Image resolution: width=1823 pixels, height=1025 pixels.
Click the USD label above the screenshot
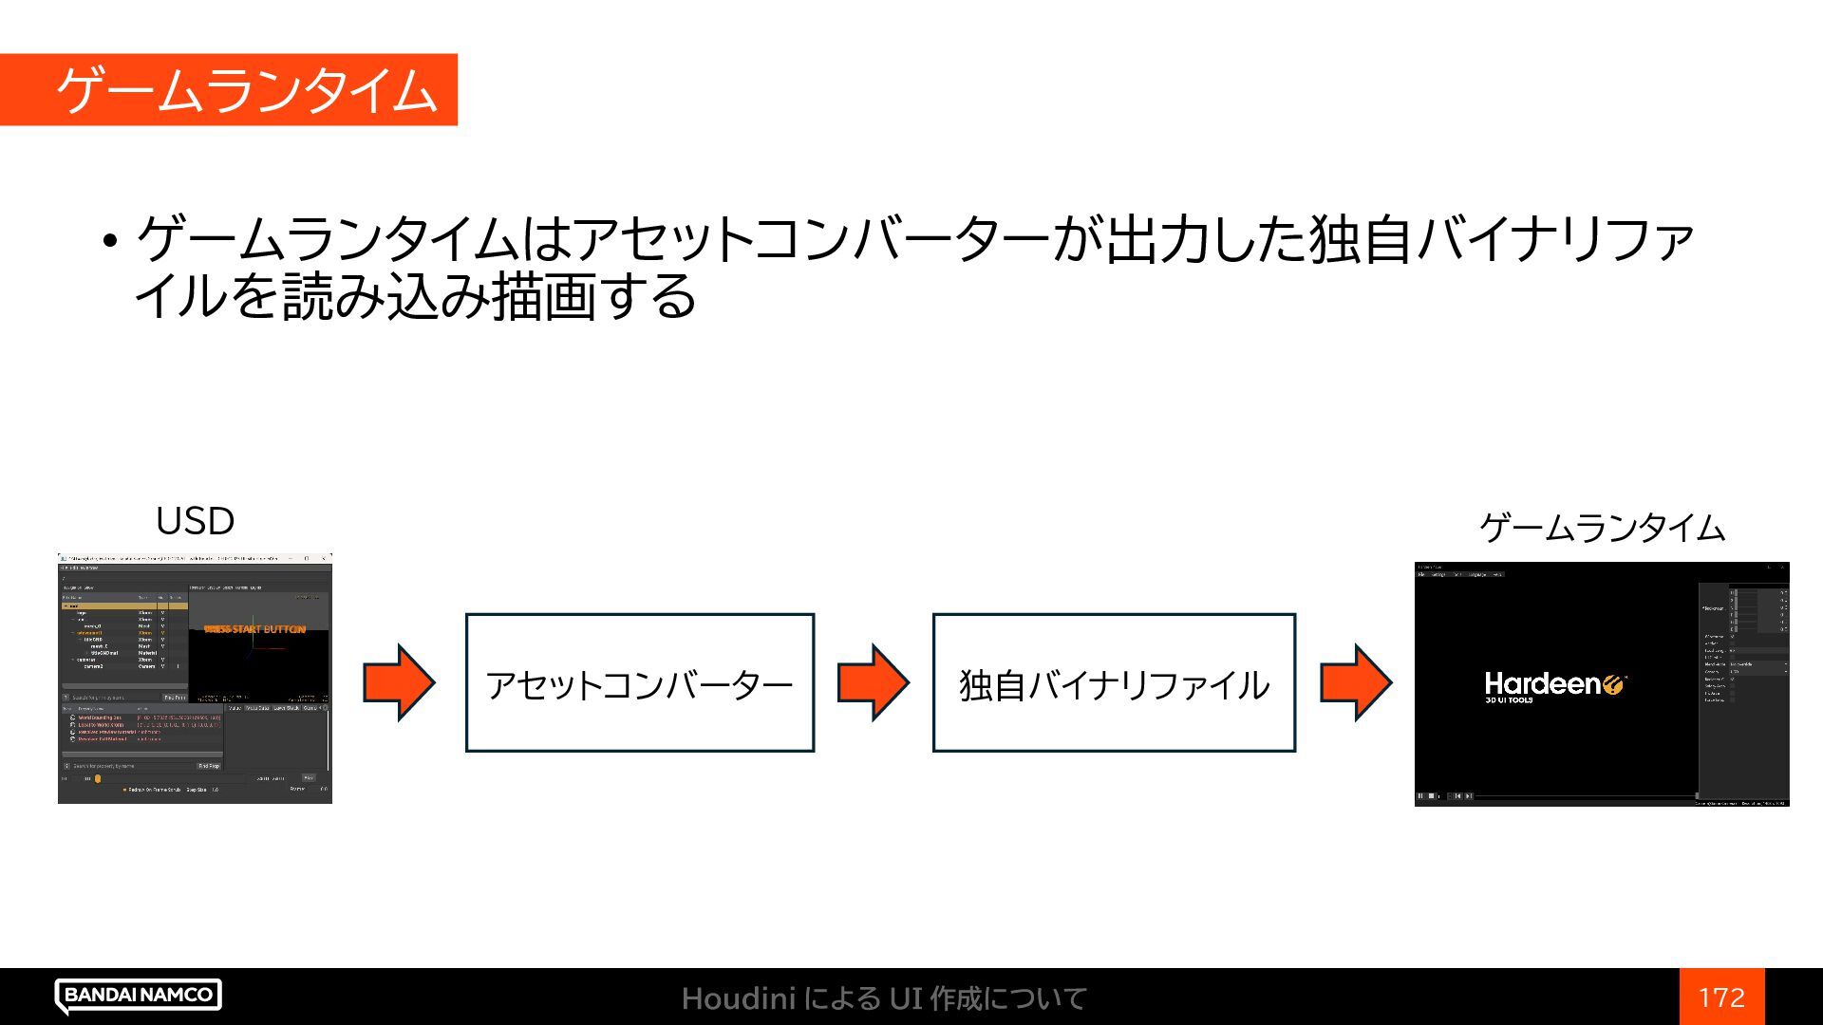point(195,521)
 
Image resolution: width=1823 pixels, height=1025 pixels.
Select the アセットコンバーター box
point(639,683)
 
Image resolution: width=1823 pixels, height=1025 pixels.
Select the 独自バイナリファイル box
point(1114,683)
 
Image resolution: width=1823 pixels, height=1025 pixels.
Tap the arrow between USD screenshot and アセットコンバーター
point(399,682)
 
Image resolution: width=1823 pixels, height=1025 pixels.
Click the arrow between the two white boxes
point(873,682)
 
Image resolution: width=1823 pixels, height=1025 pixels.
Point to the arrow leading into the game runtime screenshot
point(1356,682)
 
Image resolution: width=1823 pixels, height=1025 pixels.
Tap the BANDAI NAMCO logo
point(139,995)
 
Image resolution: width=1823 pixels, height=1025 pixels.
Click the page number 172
point(1721,997)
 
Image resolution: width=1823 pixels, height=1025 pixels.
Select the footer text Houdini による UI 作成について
point(883,998)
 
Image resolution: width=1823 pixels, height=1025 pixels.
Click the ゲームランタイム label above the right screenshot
point(1602,528)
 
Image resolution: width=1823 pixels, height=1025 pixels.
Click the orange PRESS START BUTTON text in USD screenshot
point(255,629)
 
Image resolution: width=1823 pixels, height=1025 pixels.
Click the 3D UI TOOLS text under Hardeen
point(1509,700)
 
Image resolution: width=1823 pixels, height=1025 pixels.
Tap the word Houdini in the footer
point(738,998)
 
